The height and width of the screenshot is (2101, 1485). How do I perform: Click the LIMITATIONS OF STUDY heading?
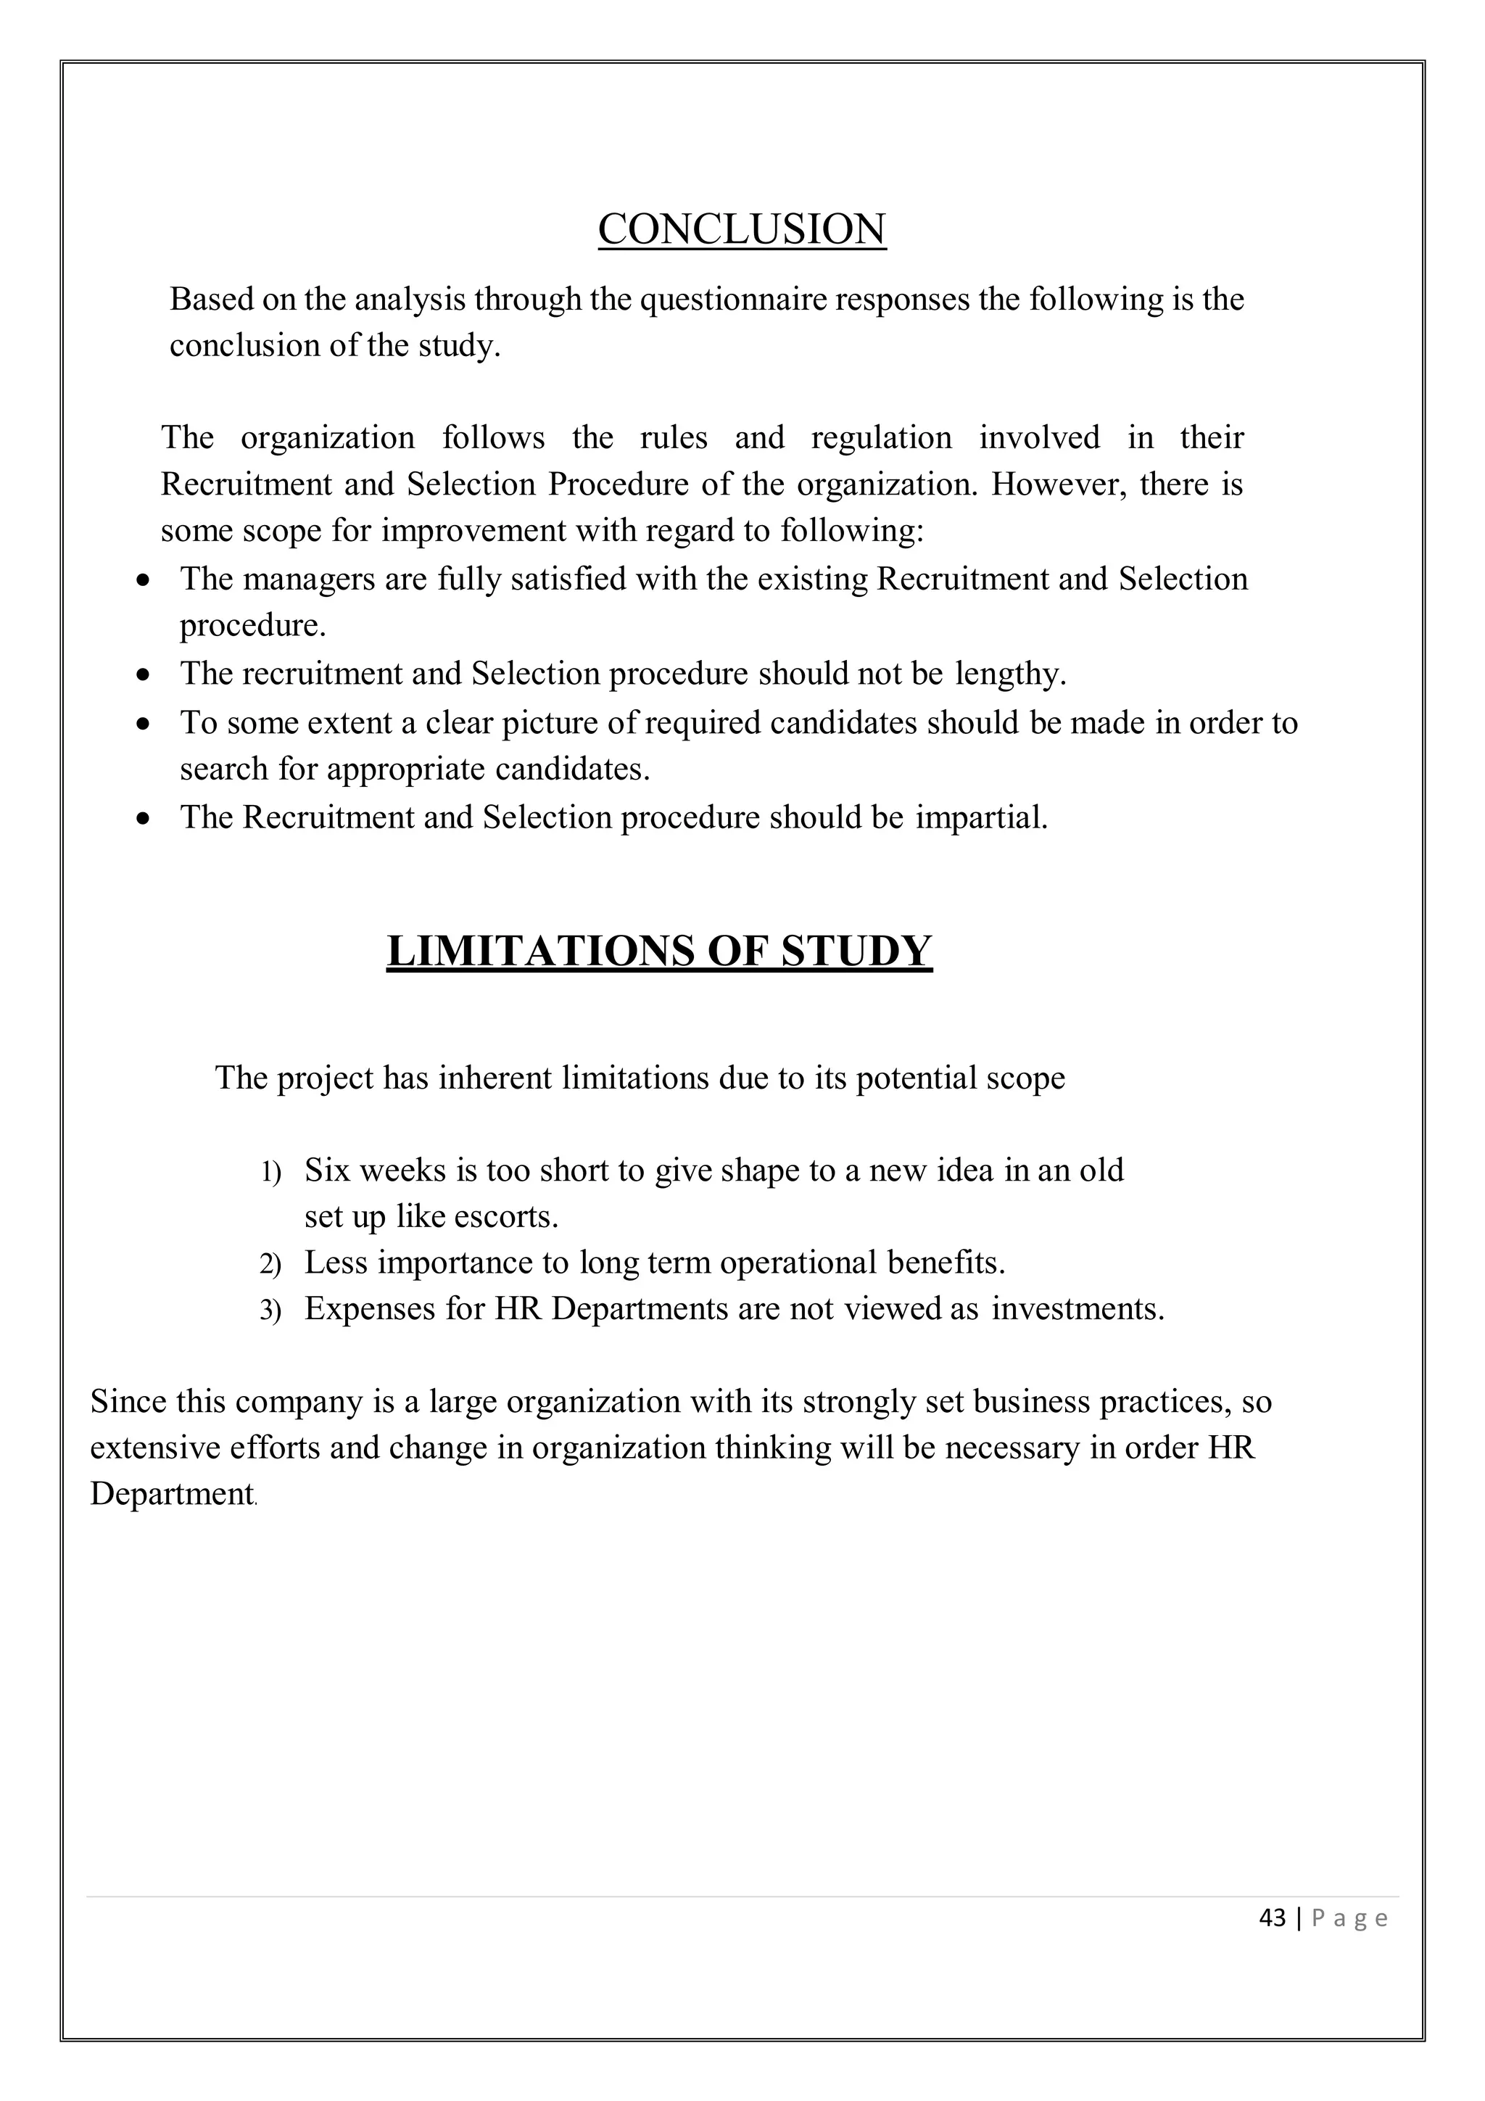pyautogui.click(x=659, y=951)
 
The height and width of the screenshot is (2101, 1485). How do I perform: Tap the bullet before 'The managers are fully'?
pyautogui.click(x=142, y=580)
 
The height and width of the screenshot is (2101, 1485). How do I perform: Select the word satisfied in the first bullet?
pyautogui.click(x=567, y=579)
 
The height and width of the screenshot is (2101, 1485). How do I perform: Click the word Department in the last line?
pyautogui.click(x=172, y=1493)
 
